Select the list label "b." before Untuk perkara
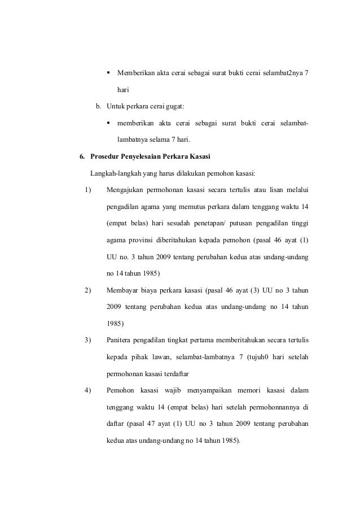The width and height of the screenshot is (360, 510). [x=98, y=106]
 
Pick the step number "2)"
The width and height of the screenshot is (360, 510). [x=87, y=291]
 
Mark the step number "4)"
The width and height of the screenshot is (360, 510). [x=87, y=391]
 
